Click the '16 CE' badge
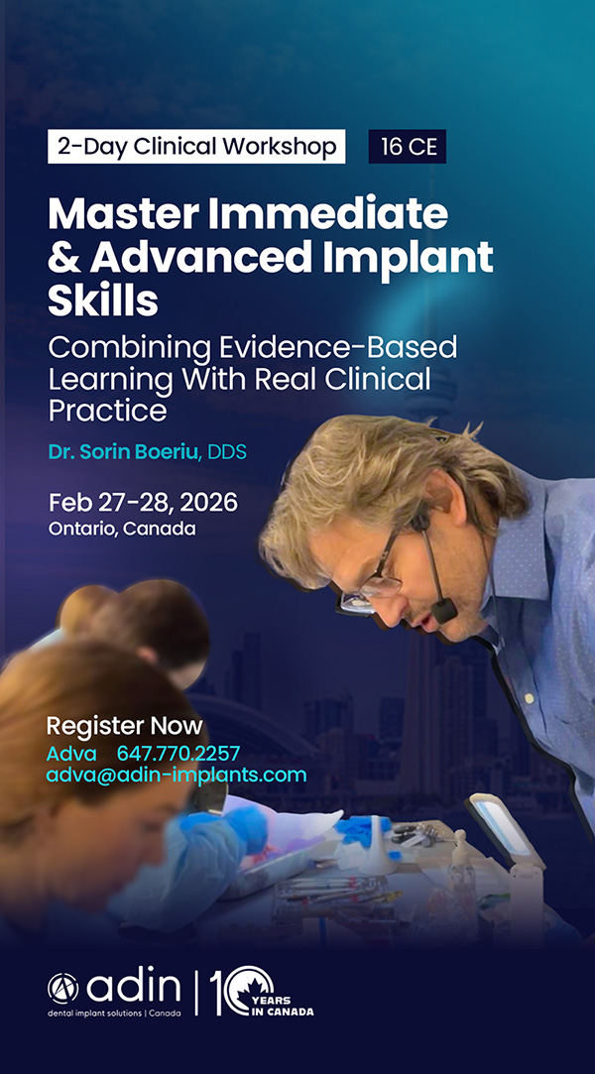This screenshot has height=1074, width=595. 408,147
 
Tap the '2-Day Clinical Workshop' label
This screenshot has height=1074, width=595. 196,147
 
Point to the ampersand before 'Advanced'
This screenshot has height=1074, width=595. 63,258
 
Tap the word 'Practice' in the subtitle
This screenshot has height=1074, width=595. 107,410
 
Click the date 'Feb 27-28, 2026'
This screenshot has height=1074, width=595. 143,503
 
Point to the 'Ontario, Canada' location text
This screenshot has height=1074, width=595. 122,529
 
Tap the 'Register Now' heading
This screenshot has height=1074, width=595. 125,725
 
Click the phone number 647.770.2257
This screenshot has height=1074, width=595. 178,754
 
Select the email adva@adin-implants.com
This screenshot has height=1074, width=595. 176,775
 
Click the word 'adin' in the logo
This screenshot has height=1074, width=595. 134,987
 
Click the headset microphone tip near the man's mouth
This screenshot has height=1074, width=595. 444,610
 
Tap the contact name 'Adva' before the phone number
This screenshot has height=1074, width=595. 67,754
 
